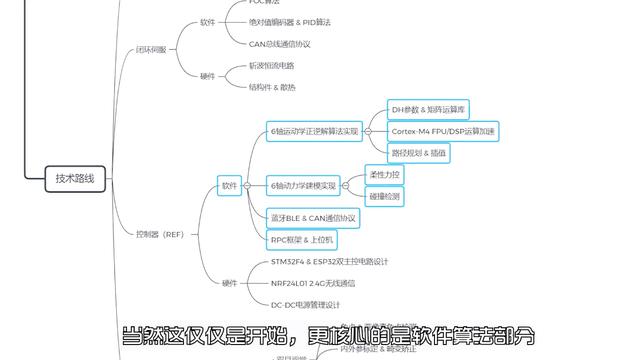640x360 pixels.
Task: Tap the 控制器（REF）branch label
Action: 161,234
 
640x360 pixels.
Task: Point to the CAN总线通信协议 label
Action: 280,43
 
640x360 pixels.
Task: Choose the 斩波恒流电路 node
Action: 271,65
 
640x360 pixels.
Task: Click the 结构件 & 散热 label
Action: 272,87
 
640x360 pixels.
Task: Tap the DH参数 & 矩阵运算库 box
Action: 428,108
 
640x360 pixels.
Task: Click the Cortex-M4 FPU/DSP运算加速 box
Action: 442,130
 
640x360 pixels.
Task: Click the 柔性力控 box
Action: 385,174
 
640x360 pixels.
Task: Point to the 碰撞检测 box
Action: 385,197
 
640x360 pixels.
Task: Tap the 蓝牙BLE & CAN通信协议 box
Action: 313,217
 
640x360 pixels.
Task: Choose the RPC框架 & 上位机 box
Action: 303,239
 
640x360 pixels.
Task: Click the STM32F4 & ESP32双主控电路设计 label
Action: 329,261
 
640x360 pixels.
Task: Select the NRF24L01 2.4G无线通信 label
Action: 313,283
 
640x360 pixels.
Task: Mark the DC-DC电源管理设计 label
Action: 306,305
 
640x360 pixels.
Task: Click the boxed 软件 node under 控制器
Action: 230,185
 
